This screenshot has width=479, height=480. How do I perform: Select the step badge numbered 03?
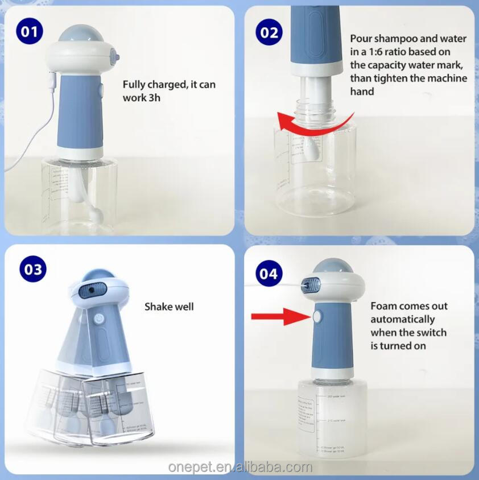34,268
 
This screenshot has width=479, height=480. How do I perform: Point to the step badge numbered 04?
270,274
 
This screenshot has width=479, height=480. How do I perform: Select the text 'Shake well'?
169,307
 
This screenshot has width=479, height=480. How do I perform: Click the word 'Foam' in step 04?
385,307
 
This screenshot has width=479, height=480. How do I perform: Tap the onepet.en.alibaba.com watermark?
240,467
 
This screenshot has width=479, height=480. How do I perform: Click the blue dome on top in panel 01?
86,36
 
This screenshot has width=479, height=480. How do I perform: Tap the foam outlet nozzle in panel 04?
311,282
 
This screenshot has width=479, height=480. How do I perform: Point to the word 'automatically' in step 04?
402,320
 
